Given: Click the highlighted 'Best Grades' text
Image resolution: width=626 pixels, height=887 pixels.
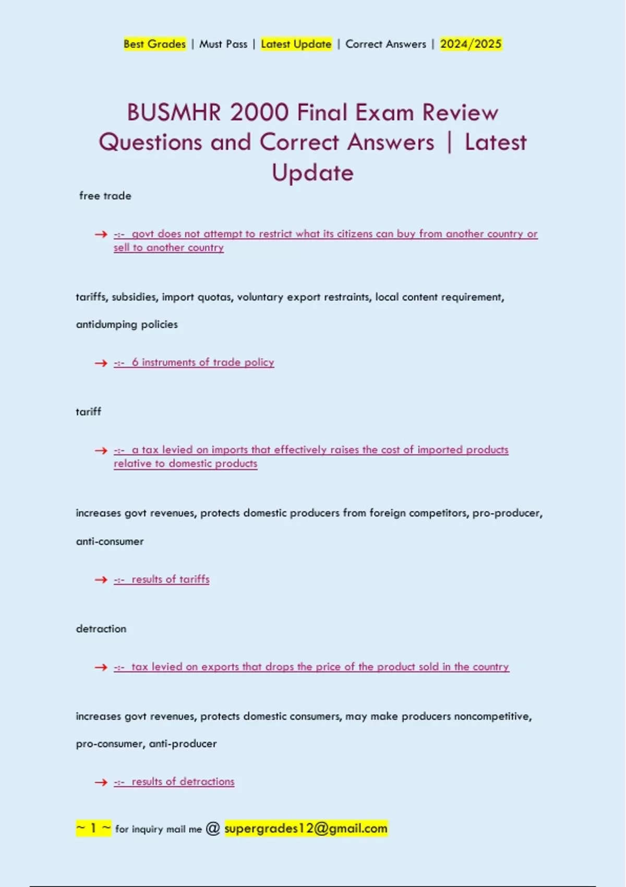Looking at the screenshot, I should pos(154,44).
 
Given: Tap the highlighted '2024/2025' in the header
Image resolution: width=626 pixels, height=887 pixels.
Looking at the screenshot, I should pos(471,44).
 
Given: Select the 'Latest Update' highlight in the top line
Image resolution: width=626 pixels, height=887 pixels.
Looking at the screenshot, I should pos(296,44).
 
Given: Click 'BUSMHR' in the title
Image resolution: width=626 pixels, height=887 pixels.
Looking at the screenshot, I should pos(174,113).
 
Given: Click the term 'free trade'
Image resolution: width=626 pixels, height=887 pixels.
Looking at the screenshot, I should pos(105,196).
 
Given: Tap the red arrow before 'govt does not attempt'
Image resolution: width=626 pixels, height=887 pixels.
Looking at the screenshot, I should pos(101,235).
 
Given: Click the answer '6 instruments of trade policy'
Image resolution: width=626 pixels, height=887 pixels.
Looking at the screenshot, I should pos(202,362).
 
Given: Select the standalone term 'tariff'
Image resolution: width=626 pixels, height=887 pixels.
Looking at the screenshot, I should pos(88,412).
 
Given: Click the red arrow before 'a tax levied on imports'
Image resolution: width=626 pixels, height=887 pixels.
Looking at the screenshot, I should pos(101,450).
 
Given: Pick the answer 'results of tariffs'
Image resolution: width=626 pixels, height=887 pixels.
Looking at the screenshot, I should pos(170,579).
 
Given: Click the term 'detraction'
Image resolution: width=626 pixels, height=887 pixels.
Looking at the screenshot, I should pos(101,629).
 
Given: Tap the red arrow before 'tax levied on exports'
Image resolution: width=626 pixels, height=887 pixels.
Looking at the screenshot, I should pos(101,667).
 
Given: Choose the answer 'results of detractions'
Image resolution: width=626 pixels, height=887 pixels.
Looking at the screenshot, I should pos(183,782).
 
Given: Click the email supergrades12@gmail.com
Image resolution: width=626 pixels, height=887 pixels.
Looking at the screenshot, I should pos(306,828).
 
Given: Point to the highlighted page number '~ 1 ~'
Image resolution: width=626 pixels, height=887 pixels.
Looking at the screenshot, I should pos(93,828).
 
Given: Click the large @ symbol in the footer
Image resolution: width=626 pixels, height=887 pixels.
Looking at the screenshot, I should pos(213,828).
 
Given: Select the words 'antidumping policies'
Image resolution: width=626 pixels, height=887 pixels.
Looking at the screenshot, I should pos(127,325).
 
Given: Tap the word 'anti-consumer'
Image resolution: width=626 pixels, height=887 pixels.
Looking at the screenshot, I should pos(110,542).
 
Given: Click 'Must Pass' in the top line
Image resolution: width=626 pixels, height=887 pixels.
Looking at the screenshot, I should pos(223,44).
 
